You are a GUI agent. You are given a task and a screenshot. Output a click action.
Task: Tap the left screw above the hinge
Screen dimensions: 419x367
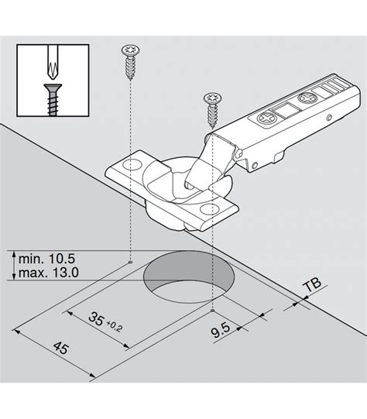click(129, 64)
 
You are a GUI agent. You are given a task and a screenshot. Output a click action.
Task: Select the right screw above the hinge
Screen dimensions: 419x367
click(211, 108)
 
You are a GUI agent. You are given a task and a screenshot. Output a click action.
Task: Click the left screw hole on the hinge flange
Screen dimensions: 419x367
click(129, 166)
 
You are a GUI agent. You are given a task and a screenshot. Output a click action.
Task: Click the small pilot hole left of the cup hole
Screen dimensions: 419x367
click(129, 263)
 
